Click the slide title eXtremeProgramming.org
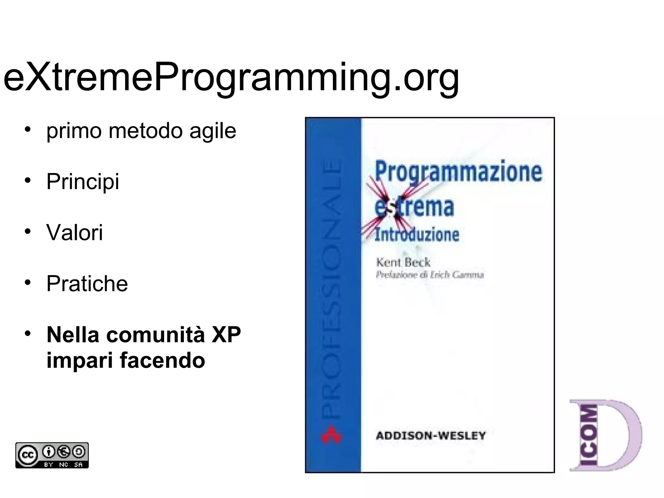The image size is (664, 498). point(231,78)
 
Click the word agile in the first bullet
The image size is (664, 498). point(213,131)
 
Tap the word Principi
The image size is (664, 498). point(83,182)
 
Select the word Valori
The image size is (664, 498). point(75,232)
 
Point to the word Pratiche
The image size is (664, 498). point(87,284)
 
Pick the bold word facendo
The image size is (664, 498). point(162,360)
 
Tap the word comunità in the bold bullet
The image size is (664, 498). point(155,335)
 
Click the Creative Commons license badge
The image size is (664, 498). point(52,455)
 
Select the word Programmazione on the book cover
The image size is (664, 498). point(458,172)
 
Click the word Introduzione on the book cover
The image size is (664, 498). point(417,234)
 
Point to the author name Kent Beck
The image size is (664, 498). point(403,262)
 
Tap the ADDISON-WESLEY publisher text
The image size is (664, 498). point(431,435)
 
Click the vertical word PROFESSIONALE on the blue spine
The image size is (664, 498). point(333,289)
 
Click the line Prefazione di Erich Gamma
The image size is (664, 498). point(430,275)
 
